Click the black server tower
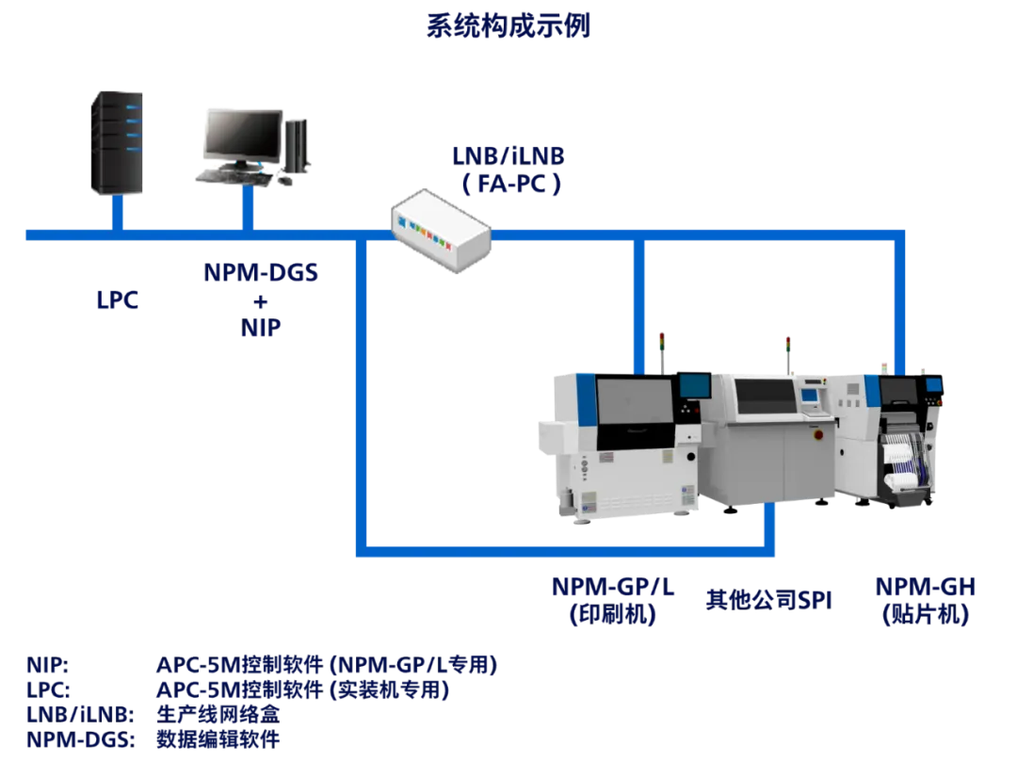click(x=117, y=141)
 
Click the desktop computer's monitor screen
click(x=243, y=134)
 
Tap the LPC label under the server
click(x=118, y=302)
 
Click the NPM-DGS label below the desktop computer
click(x=261, y=273)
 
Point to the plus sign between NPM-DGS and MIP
click(x=261, y=300)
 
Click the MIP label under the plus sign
click(x=261, y=328)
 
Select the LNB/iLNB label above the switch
click(x=508, y=155)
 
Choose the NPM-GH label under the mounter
click(x=926, y=588)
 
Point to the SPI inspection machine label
click(x=770, y=599)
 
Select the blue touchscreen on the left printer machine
click(x=695, y=385)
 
